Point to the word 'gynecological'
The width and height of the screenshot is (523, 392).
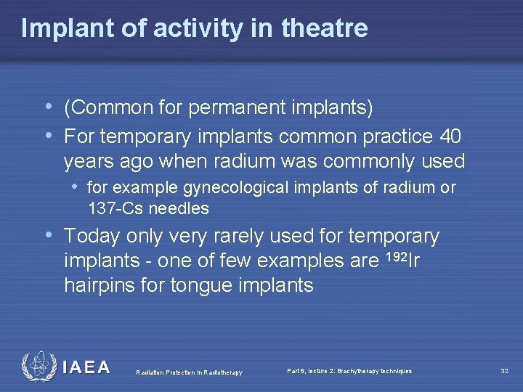239,188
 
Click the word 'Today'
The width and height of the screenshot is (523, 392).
92,236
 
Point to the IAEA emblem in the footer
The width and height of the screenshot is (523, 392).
37,367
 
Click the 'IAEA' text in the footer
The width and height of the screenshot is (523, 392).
86,368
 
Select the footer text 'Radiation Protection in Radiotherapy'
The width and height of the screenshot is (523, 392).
189,373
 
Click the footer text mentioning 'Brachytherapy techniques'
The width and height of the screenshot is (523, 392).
349,371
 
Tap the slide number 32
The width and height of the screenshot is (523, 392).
504,371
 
